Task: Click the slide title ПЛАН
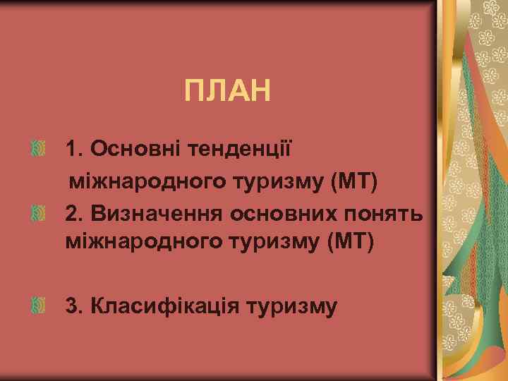(x=227, y=91)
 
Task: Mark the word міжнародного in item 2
(x=142, y=242)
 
